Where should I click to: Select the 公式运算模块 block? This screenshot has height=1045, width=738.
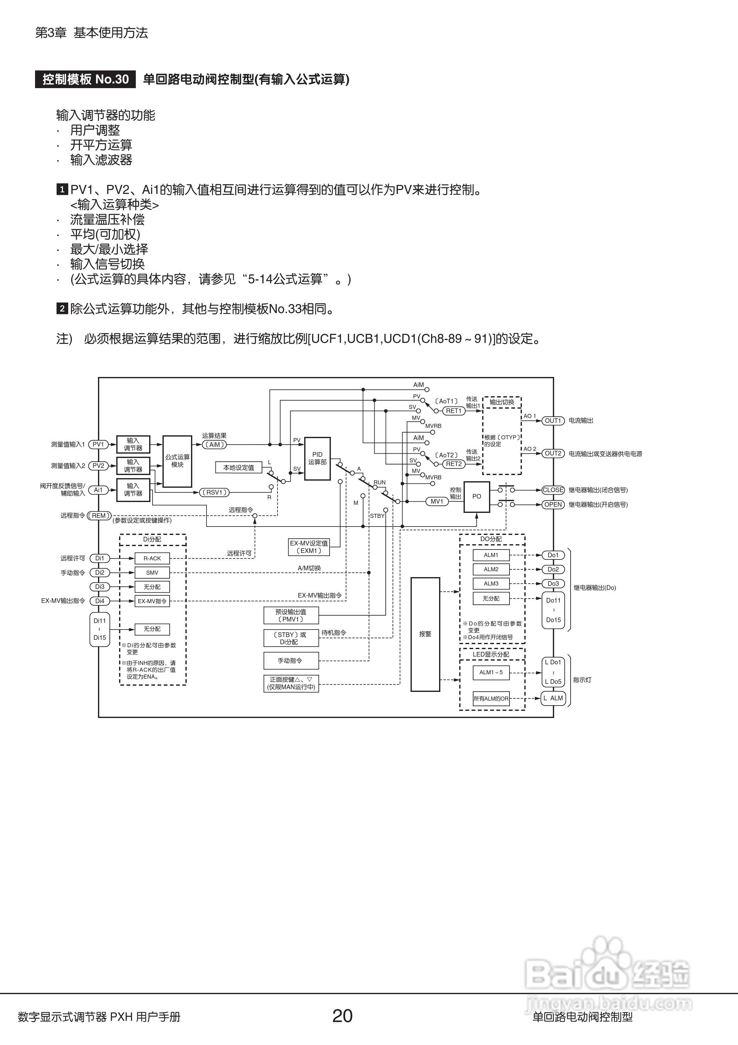click(177, 461)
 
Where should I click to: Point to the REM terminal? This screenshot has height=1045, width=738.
click(99, 516)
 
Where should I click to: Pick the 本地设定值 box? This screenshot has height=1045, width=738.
click(238, 468)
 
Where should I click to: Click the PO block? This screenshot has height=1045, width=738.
click(476, 496)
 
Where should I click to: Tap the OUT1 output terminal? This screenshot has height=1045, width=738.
click(553, 420)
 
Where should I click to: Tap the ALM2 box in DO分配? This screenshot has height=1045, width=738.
click(491, 569)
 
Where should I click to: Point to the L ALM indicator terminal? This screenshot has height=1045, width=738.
click(553, 698)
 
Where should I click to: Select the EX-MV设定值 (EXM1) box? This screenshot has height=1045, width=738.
click(309, 547)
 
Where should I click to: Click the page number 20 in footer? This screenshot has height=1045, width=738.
click(342, 1016)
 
